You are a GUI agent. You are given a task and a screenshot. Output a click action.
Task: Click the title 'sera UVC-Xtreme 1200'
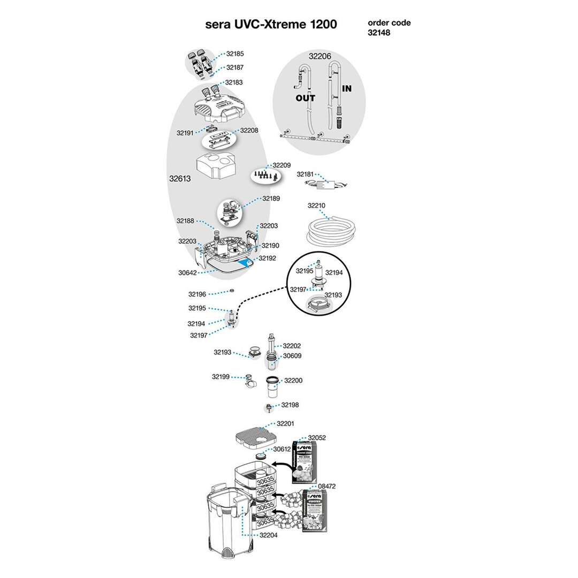click(271, 25)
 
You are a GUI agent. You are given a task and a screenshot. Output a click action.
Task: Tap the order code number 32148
click(379, 32)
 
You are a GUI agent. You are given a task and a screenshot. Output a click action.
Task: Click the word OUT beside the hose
click(306, 98)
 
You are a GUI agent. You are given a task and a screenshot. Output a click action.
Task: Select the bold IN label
click(347, 89)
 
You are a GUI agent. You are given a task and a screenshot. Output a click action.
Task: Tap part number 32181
click(306, 174)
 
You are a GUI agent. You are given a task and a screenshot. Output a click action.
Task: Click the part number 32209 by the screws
click(282, 165)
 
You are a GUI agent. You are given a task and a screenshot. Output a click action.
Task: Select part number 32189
click(271, 198)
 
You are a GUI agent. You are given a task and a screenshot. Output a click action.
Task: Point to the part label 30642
click(187, 272)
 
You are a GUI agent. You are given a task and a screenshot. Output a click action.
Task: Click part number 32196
click(197, 294)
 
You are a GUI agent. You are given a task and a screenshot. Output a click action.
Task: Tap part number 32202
click(292, 346)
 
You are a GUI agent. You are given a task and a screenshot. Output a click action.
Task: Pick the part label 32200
click(293, 381)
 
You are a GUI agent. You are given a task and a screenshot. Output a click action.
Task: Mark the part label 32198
click(290, 405)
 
